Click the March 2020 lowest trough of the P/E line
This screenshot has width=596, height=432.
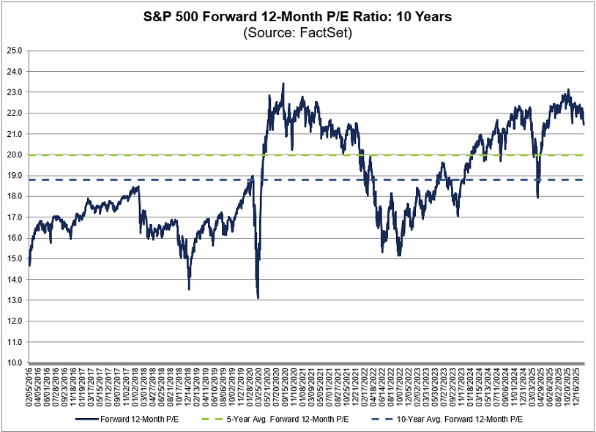258,297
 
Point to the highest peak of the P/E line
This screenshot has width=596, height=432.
283,83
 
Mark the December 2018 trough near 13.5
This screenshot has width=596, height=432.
189,289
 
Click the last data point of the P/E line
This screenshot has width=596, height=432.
584,124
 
